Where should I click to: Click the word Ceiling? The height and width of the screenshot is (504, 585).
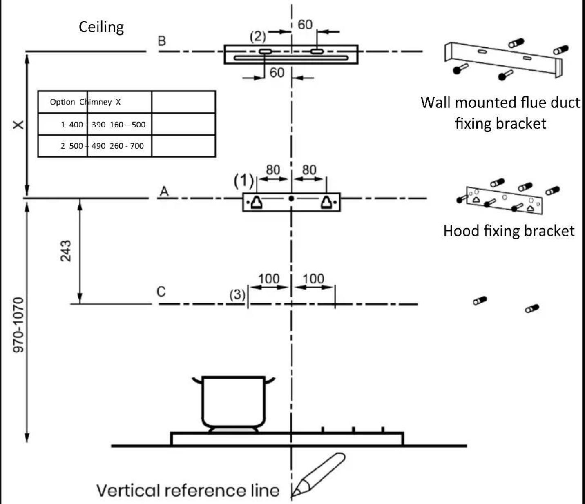click(x=101, y=27)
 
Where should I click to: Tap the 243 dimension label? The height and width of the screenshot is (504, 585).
click(x=66, y=251)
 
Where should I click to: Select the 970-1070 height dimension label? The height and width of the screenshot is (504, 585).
click(x=18, y=325)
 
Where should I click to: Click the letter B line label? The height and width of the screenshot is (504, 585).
click(x=162, y=41)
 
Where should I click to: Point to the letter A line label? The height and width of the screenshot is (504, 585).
click(x=164, y=192)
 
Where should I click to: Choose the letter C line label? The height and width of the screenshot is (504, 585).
click(x=161, y=292)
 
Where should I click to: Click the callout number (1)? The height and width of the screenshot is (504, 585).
click(x=243, y=181)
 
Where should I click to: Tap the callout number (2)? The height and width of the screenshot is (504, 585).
click(x=257, y=36)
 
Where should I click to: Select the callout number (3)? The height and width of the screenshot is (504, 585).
click(x=237, y=294)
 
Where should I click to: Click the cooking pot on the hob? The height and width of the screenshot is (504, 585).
click(x=234, y=402)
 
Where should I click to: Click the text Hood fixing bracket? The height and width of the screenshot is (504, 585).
click(x=509, y=231)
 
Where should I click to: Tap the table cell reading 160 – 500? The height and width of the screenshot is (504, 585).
click(x=127, y=125)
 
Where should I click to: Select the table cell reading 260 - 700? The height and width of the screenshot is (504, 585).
click(x=127, y=146)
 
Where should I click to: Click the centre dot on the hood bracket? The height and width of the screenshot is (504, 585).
click(x=291, y=198)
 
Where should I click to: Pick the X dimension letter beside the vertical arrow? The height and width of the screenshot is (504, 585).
click(x=19, y=125)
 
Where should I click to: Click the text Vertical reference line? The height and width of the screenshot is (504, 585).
click(x=188, y=491)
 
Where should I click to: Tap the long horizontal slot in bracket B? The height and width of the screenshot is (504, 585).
click(x=291, y=58)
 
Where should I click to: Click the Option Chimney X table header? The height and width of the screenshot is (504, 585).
click(x=85, y=102)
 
